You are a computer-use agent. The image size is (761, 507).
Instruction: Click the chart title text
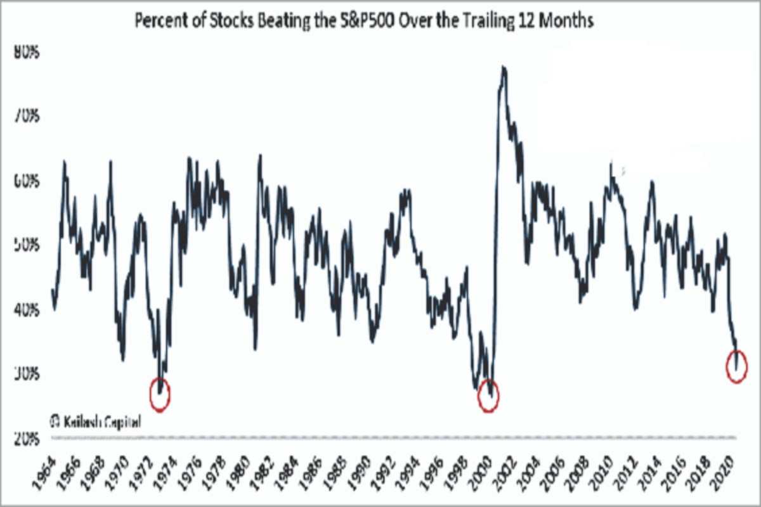click(x=364, y=22)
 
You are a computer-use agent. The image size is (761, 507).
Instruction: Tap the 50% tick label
click(x=28, y=245)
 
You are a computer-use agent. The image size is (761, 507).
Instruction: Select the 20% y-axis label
click(x=28, y=438)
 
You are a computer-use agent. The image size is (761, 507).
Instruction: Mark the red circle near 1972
click(x=160, y=394)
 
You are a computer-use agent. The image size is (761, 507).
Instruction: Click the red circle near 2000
click(x=488, y=396)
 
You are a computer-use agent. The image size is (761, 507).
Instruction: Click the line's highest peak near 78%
click(x=503, y=67)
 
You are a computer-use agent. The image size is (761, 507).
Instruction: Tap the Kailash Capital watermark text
click(x=95, y=421)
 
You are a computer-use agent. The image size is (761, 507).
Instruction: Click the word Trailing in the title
click(x=490, y=22)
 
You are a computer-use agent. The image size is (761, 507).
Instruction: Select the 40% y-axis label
click(x=28, y=310)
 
